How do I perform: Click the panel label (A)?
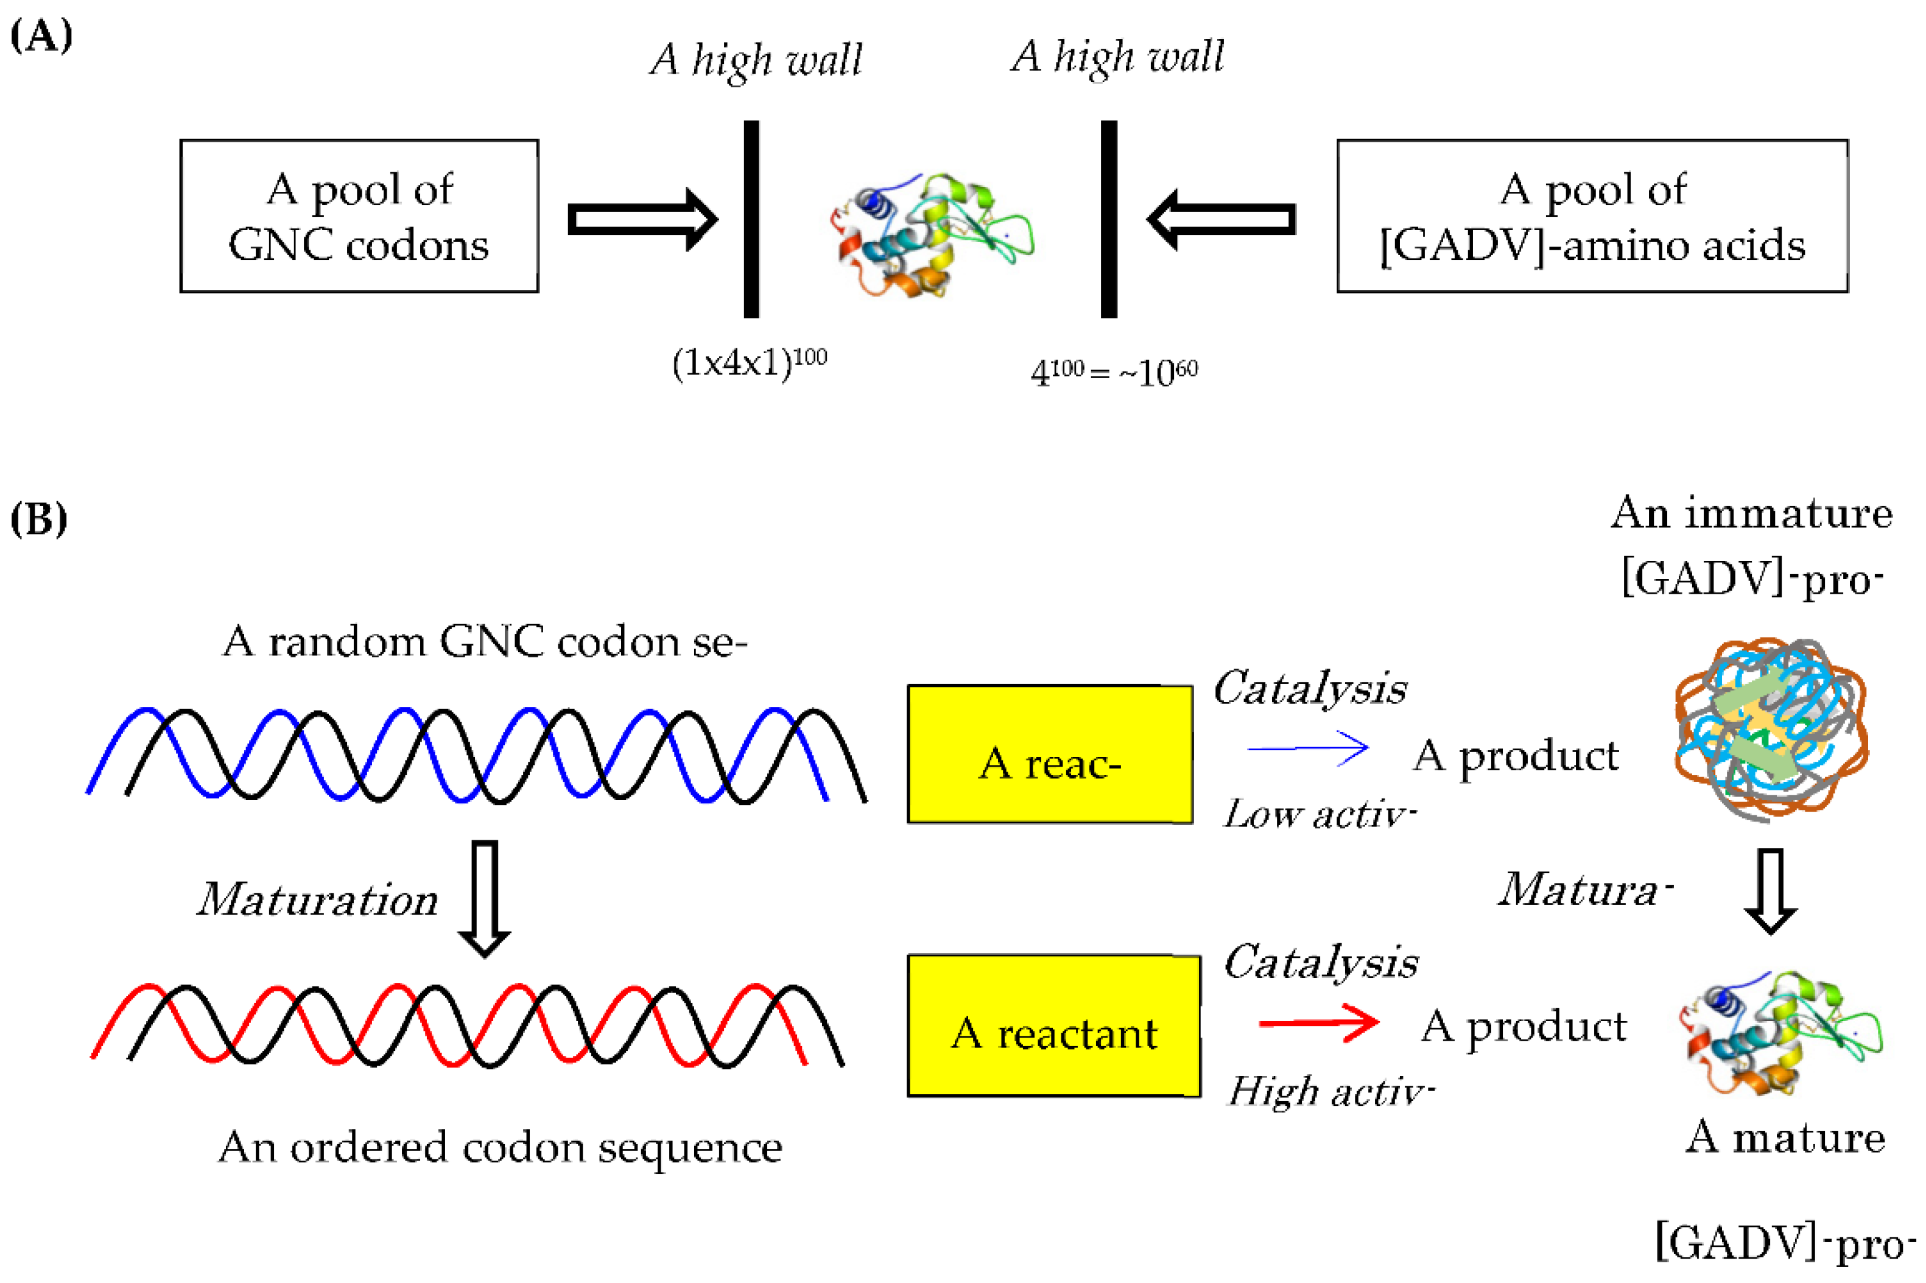pyautogui.click(x=41, y=36)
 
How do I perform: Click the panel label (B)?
pyautogui.click(x=38, y=519)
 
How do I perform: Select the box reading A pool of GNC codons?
pyautogui.click(x=359, y=216)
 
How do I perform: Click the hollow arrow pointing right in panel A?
pyautogui.click(x=642, y=219)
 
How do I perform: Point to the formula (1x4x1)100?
pyautogui.click(x=748, y=362)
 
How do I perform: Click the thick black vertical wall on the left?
pyautogui.click(x=750, y=219)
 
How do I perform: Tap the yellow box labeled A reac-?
pyautogui.click(x=1049, y=754)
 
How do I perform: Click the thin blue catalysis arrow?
pyautogui.click(x=1307, y=748)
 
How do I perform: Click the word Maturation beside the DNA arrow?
pyautogui.click(x=317, y=900)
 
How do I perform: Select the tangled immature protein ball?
pyautogui.click(x=1770, y=729)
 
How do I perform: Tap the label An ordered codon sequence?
pyautogui.click(x=500, y=1147)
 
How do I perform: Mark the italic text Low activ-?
pyautogui.click(x=1318, y=815)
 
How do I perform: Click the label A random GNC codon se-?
pyautogui.click(x=484, y=642)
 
